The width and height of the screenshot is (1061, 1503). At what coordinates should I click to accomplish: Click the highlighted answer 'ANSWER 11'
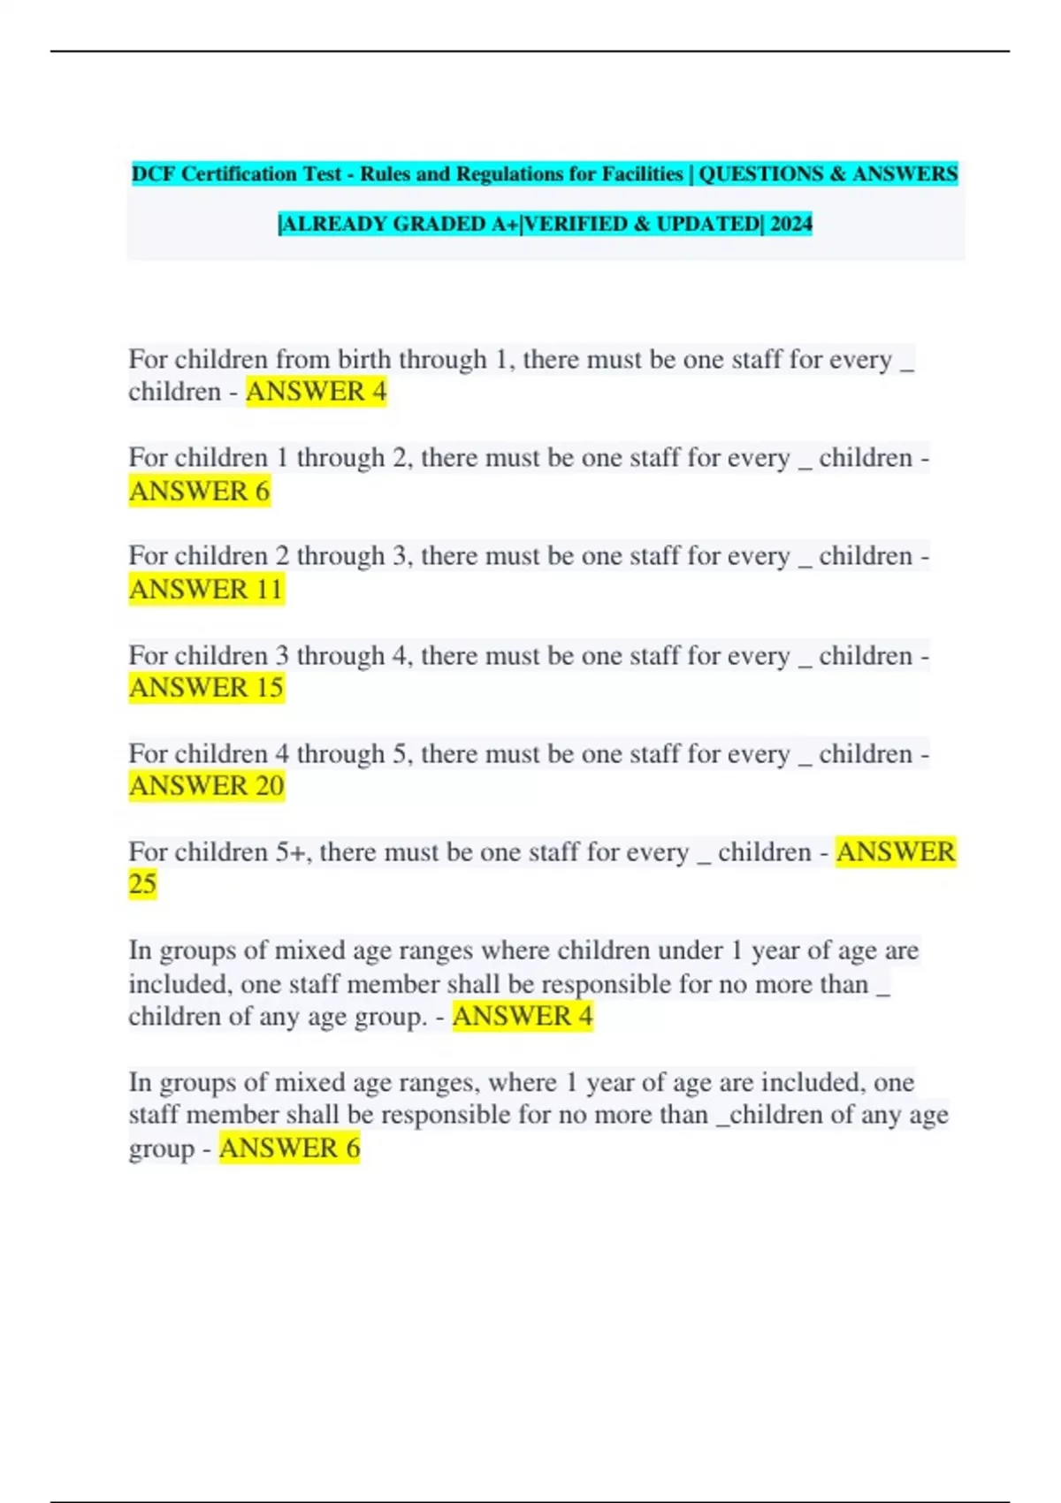coord(206,589)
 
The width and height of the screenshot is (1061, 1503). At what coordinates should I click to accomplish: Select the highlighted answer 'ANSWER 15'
coord(206,687)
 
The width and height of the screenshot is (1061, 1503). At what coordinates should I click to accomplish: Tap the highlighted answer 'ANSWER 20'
coord(206,785)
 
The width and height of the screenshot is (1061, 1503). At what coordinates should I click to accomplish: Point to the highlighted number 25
coord(142,883)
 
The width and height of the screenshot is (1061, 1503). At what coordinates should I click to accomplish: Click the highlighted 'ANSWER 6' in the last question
coord(289,1148)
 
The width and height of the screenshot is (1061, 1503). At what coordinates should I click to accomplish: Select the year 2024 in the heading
coord(790,224)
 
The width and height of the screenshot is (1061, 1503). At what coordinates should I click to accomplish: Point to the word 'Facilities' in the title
coord(643,174)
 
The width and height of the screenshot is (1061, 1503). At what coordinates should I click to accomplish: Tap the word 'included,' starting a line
coord(180,984)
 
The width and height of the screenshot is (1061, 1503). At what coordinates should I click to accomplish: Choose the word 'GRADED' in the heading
coord(437,224)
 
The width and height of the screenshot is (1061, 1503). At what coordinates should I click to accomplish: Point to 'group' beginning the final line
coord(161,1149)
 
